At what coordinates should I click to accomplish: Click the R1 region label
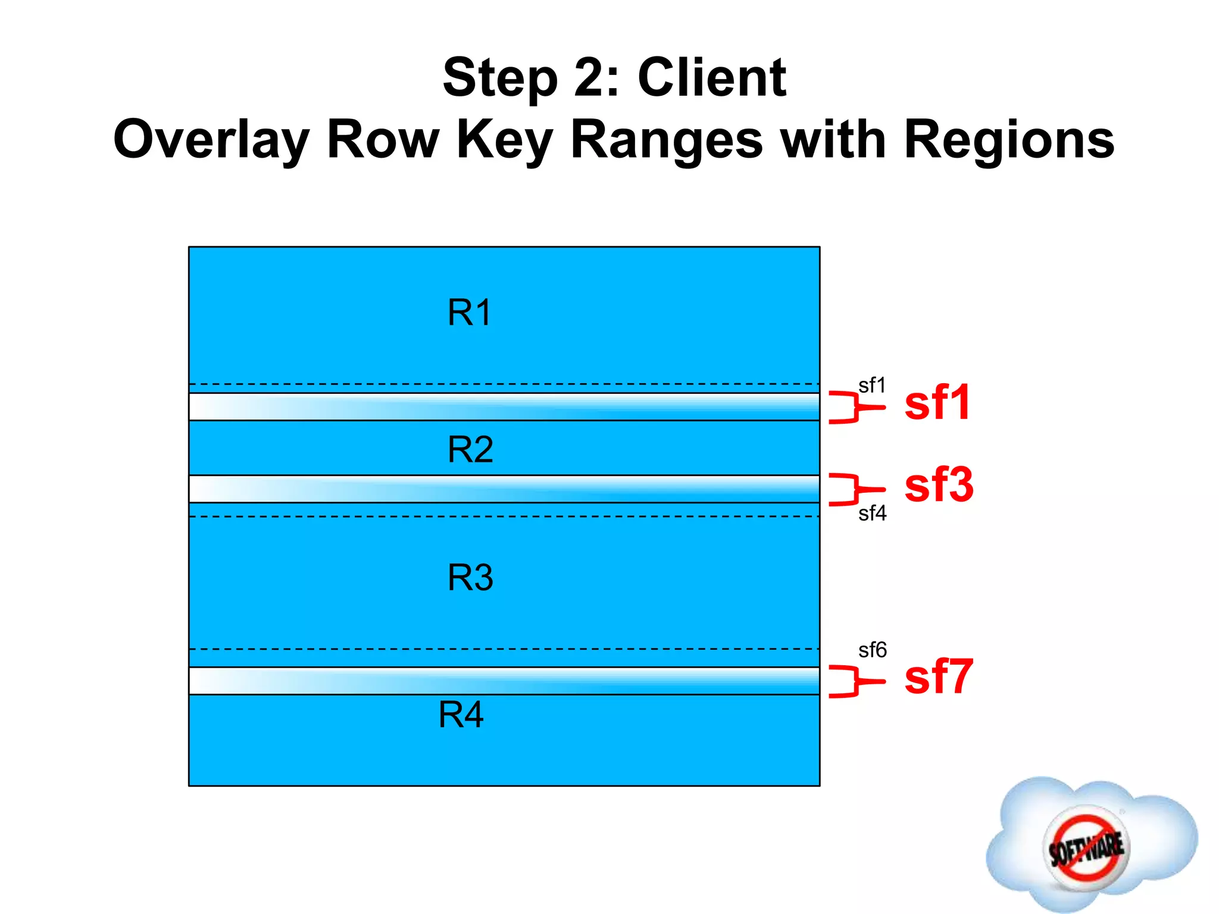tap(469, 312)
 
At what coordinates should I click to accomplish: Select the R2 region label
tap(470, 449)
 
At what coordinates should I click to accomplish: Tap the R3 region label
tap(470, 577)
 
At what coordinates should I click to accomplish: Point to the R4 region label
tap(461, 714)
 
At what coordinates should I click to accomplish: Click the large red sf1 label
tap(937, 403)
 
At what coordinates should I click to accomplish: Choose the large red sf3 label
tap(939, 485)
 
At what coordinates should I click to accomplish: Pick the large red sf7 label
tap(938, 677)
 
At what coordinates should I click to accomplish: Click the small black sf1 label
tap(872, 385)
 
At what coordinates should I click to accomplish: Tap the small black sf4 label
tap(872, 513)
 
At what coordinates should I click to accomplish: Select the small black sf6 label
tap(872, 650)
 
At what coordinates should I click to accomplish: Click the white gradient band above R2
tap(504, 407)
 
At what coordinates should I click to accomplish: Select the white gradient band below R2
tap(504, 489)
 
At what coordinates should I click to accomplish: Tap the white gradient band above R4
tap(504, 681)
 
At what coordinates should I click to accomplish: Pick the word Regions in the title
tap(1009, 140)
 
